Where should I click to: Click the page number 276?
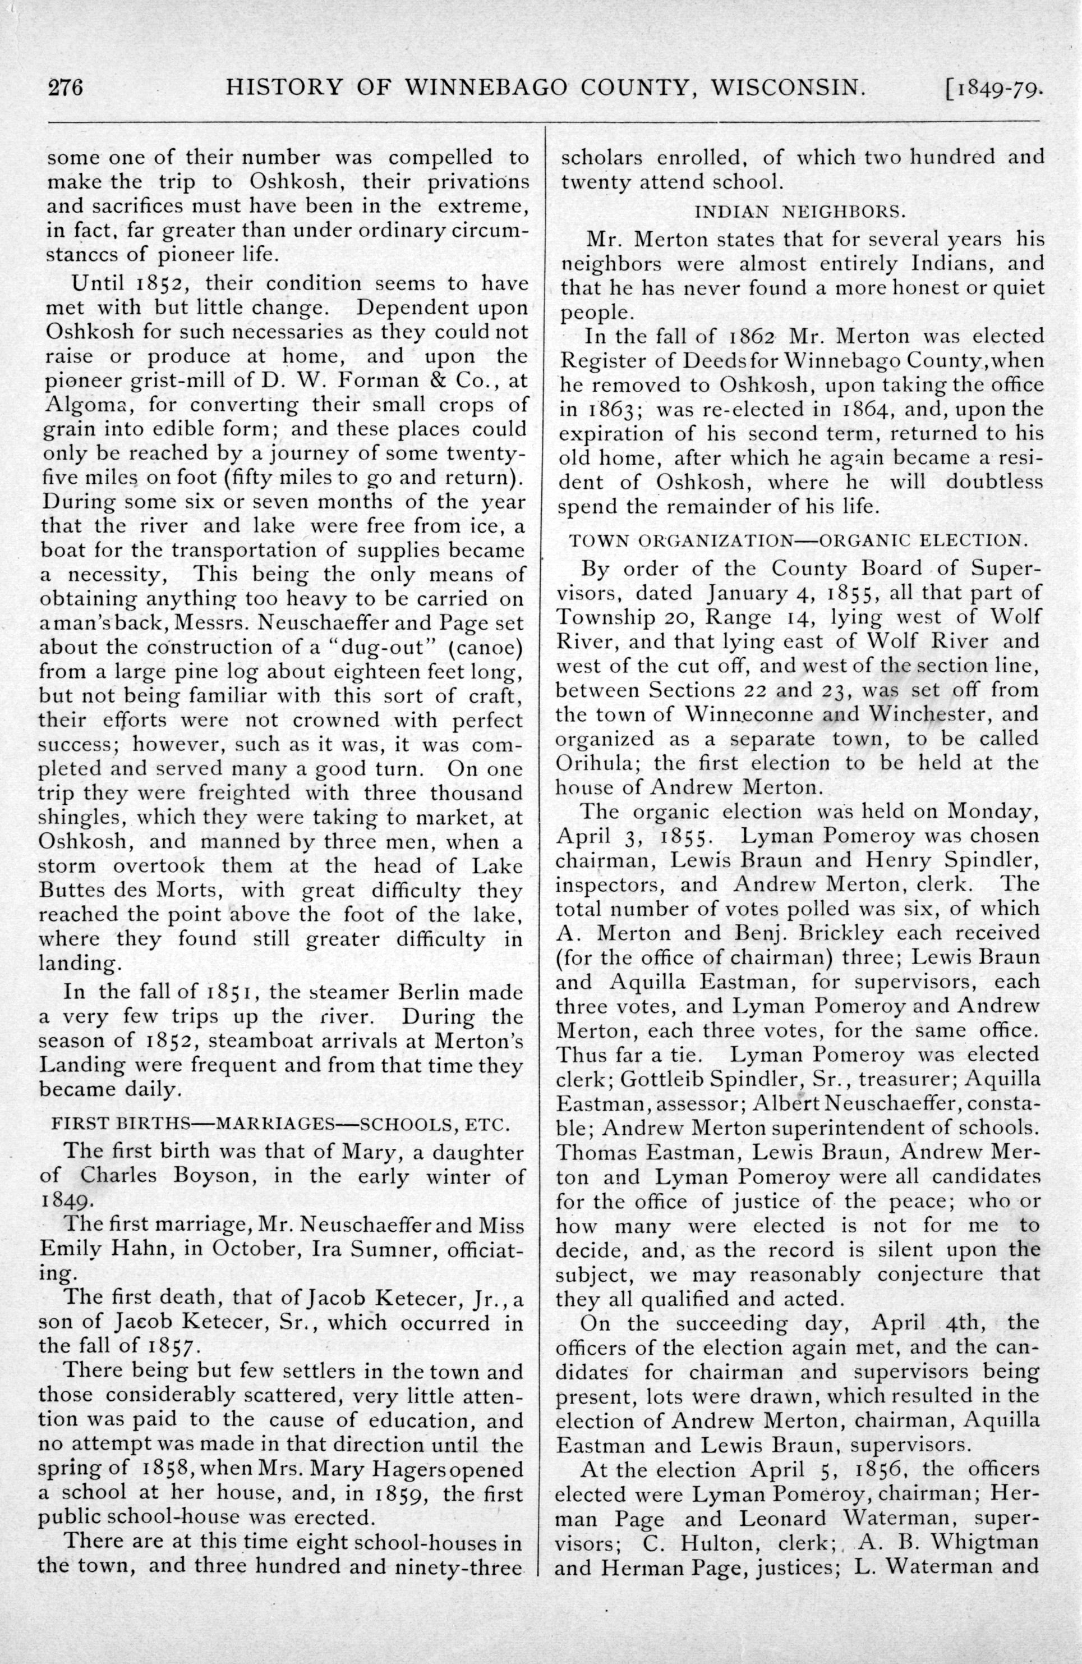coord(65,89)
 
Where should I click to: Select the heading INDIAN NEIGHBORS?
coord(803,210)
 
